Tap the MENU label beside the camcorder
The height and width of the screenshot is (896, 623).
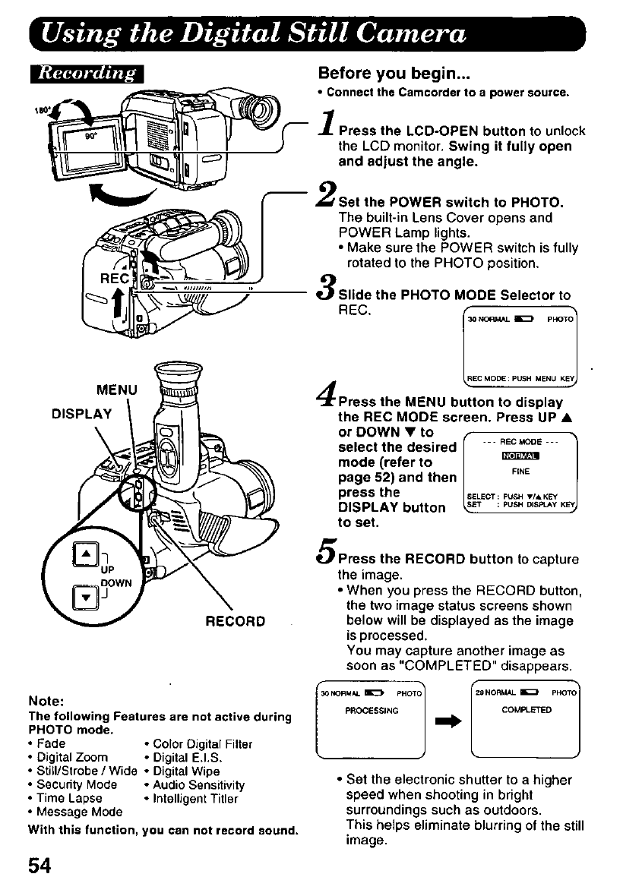(117, 391)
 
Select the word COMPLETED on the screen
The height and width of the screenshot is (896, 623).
(527, 711)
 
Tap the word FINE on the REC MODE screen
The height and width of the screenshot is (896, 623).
(520, 472)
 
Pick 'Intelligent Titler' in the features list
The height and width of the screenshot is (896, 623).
(195, 798)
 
